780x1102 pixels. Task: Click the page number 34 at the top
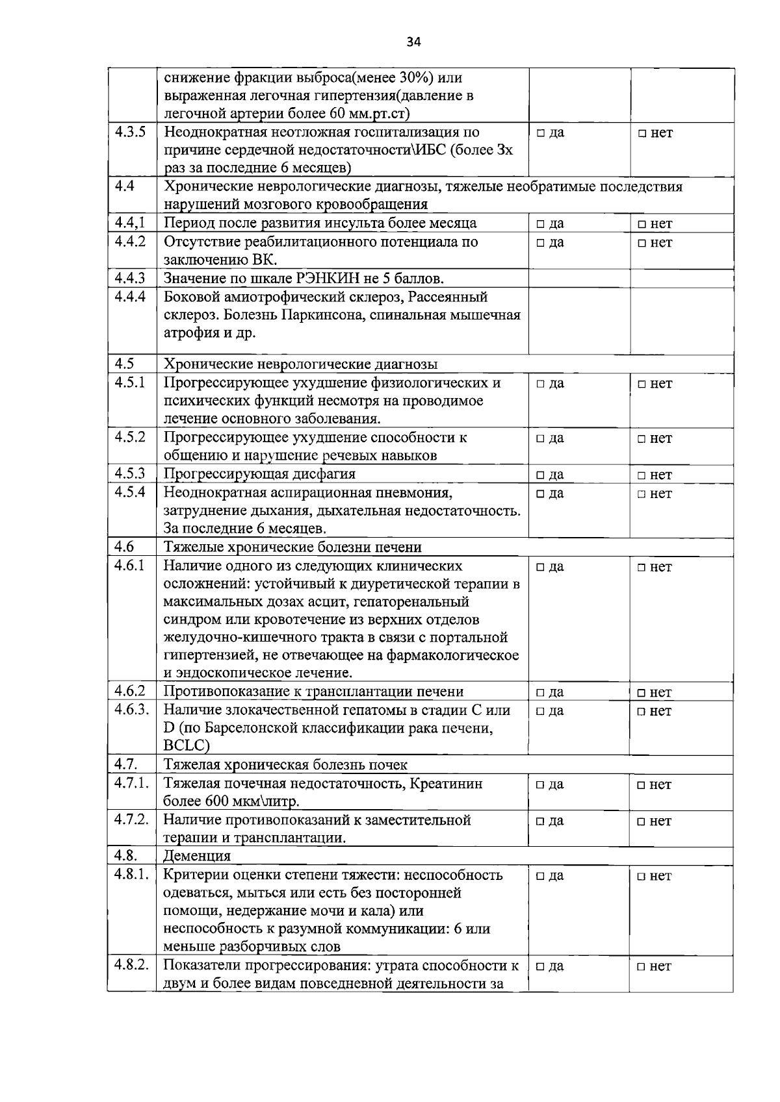(x=413, y=42)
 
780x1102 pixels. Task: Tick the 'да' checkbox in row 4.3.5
(x=540, y=134)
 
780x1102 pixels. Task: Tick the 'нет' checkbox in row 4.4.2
(x=642, y=244)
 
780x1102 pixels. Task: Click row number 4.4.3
(x=130, y=278)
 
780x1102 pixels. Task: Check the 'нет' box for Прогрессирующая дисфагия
(x=642, y=475)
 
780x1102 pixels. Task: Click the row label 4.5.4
(x=130, y=492)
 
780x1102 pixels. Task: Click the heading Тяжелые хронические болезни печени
(x=292, y=547)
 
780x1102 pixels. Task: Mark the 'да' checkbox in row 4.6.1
(x=540, y=568)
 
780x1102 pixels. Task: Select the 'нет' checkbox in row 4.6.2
(x=642, y=693)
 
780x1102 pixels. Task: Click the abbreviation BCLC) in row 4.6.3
(x=187, y=746)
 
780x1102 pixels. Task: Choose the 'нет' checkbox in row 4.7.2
(x=642, y=821)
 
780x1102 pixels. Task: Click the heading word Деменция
(x=197, y=856)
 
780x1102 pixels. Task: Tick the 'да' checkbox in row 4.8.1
(x=540, y=876)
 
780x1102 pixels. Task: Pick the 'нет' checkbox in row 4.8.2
(x=642, y=967)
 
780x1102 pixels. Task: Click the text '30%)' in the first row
(x=417, y=78)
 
